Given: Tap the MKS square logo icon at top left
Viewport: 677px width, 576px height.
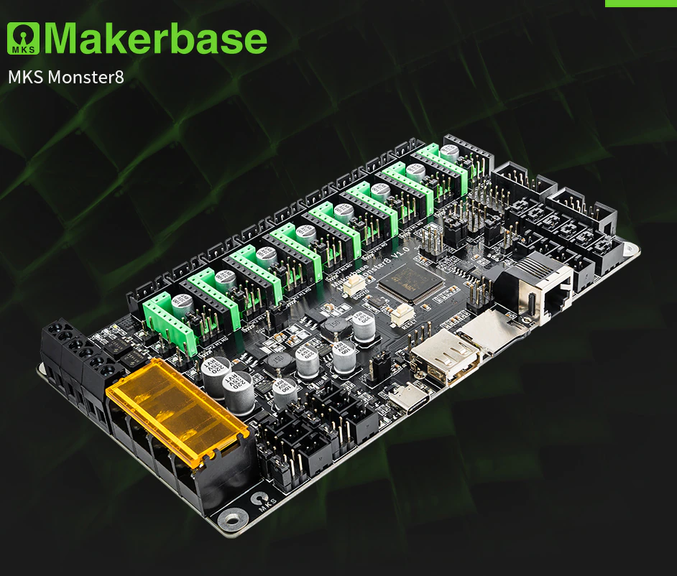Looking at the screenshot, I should pyautogui.click(x=24, y=40).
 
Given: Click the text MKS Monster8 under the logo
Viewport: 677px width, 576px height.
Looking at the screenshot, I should pyautogui.click(x=66, y=77).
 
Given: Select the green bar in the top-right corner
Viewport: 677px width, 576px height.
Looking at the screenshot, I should pyautogui.click(x=640, y=3).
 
